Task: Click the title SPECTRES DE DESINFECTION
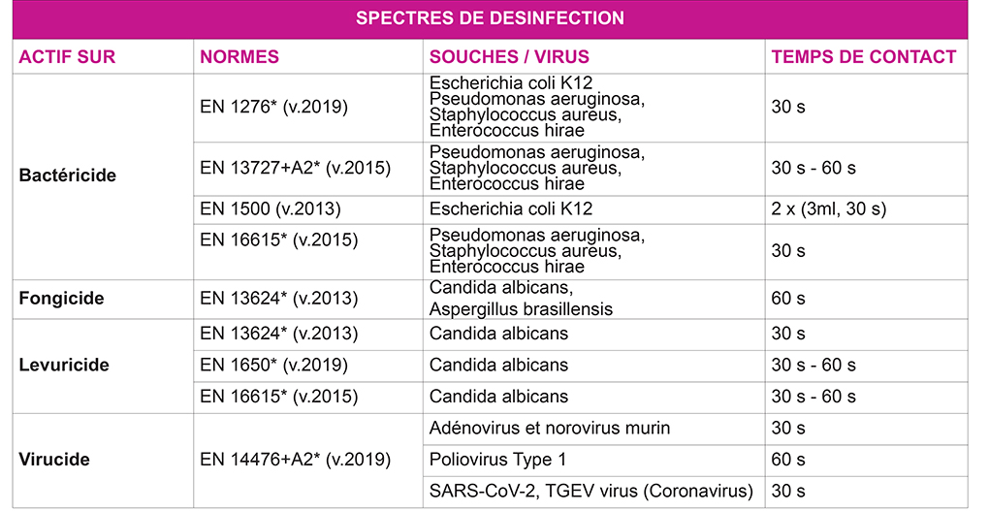click(490, 18)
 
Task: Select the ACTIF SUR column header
click(67, 57)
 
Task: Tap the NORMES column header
click(239, 57)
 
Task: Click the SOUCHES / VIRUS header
click(509, 57)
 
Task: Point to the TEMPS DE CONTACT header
click(864, 57)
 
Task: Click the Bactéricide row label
click(68, 176)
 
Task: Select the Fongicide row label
click(61, 299)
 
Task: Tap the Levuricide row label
click(64, 366)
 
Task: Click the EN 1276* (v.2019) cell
click(273, 107)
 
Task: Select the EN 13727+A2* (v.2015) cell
click(295, 168)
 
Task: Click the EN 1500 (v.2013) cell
click(271, 208)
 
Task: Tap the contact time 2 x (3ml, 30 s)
click(829, 208)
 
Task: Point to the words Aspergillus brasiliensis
click(521, 309)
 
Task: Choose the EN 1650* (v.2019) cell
click(273, 366)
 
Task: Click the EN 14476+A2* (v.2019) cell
click(295, 459)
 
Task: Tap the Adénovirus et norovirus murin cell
click(550, 428)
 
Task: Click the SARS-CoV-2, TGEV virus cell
click(590, 491)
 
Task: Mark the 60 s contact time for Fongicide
click(788, 299)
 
